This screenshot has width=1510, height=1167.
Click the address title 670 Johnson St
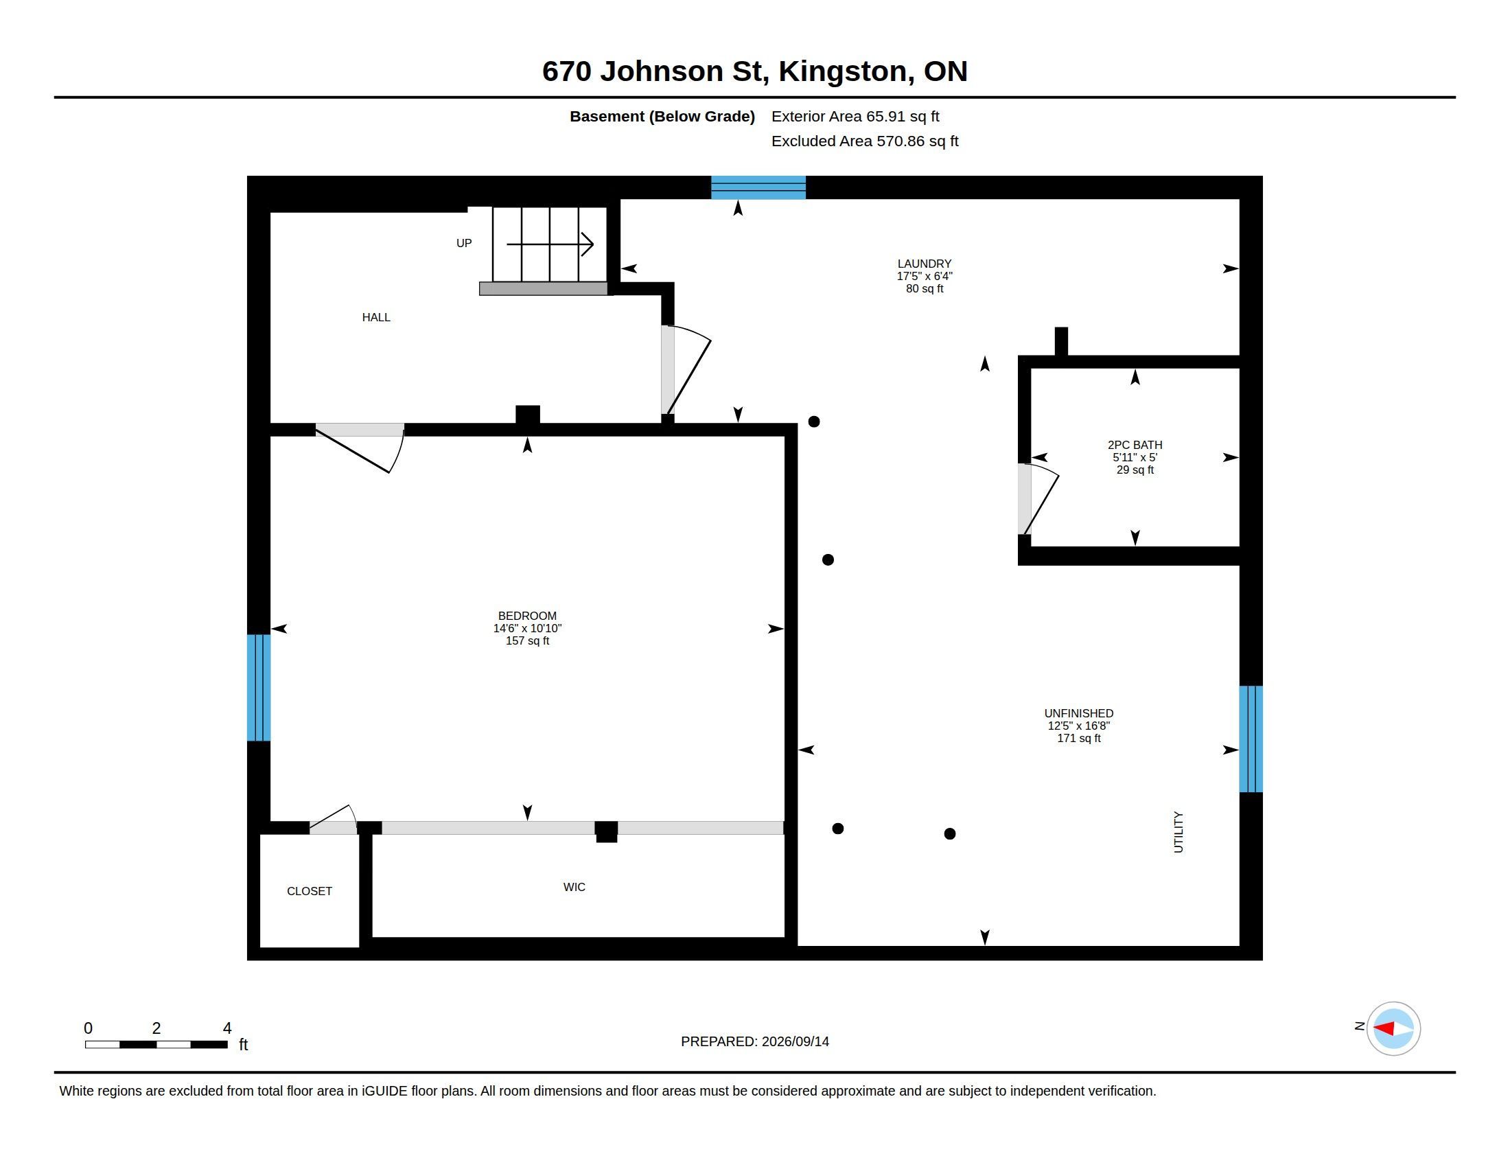pos(754,71)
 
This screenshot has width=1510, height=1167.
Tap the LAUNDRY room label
pos(925,264)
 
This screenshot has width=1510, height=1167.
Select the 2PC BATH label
pos(1135,446)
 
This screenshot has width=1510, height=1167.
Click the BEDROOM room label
pos(527,616)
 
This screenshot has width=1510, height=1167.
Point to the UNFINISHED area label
pos(1078,713)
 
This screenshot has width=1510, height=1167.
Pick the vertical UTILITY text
pos(1178,833)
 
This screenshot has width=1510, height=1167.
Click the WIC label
pos(574,887)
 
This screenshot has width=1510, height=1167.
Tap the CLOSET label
pos(309,891)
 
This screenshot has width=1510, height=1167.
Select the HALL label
pos(376,317)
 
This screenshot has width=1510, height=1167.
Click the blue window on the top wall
pos(758,187)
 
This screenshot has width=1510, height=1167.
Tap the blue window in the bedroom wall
pos(259,688)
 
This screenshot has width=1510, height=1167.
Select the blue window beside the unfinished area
pos(1251,739)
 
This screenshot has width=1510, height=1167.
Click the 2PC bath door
pos(1038,499)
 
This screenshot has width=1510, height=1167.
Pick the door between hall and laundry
pos(685,370)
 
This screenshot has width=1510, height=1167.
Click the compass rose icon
pos(1393,1029)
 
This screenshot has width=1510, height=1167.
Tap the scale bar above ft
pos(156,1045)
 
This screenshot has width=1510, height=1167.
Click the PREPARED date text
pos(755,1041)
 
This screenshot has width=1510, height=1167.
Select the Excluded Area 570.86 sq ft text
pos(865,141)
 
